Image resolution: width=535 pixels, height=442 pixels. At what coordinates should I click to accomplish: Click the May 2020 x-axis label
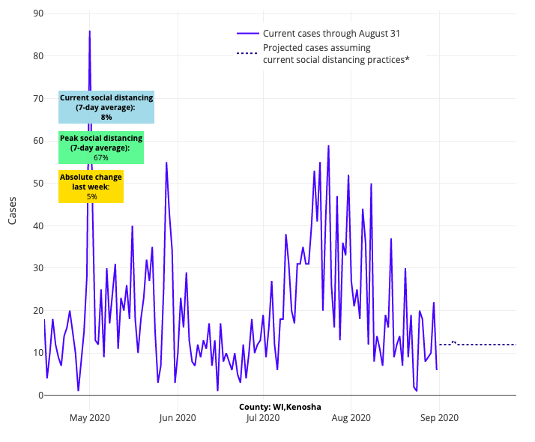[x=90, y=418]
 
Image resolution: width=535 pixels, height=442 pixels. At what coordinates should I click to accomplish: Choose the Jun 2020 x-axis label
[x=178, y=418]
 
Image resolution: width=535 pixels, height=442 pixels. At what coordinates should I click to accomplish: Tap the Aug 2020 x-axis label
[x=351, y=418]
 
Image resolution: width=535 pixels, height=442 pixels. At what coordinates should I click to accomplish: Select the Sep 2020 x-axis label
[x=439, y=418]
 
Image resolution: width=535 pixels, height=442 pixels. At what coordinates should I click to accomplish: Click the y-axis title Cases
[x=13, y=205]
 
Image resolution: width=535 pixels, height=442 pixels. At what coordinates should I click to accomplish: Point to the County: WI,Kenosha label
[x=280, y=407]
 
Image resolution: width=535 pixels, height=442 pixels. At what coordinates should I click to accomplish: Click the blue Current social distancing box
[x=106, y=107]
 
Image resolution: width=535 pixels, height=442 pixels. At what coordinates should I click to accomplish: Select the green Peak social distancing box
[x=101, y=148]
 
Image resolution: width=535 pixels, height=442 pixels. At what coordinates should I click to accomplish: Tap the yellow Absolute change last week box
[x=91, y=187]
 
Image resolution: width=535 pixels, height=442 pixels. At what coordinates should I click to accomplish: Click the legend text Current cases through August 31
[x=327, y=34]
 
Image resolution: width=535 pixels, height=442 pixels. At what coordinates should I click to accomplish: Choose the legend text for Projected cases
[x=336, y=54]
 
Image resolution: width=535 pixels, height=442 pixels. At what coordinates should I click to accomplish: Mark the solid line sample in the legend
[x=248, y=34]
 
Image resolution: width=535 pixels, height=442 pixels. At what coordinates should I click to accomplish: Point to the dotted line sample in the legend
[x=248, y=53]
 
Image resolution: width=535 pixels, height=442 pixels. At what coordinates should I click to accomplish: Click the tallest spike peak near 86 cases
[x=90, y=31]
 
